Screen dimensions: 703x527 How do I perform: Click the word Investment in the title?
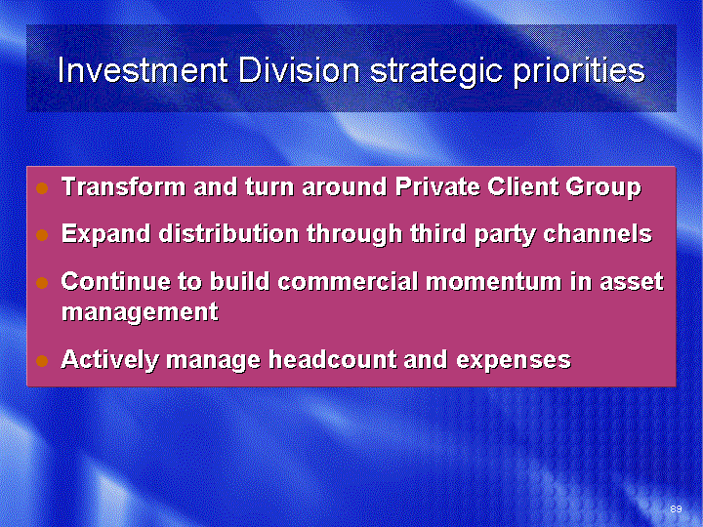tap(144, 70)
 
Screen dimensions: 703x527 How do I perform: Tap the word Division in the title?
tap(299, 70)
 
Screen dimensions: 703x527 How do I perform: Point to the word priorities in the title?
tap(579, 71)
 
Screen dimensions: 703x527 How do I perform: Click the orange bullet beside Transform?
tap(42, 188)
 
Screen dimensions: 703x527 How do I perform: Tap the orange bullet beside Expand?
tap(42, 235)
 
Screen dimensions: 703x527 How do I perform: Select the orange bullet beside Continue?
tap(42, 283)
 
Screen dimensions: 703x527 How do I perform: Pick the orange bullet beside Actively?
tap(42, 361)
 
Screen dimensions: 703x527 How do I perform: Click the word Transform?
tap(123, 186)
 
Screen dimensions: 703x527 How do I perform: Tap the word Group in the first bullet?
tap(603, 188)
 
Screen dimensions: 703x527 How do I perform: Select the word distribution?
tap(228, 233)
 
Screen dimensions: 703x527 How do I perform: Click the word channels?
tap(598, 233)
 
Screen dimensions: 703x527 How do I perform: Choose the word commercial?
tap(348, 281)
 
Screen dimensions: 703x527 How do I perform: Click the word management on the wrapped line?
tap(140, 313)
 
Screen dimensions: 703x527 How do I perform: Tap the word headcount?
tap(332, 359)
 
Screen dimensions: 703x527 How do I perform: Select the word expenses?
tap(514, 362)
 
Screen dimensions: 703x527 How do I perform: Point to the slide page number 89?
tap(676, 508)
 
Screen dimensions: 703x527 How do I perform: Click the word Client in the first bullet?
tap(522, 186)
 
